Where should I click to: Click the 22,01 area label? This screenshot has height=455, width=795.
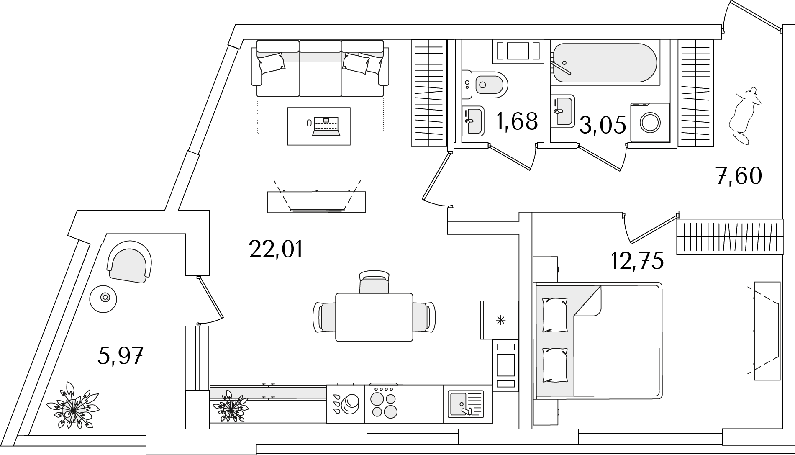coord(275,249)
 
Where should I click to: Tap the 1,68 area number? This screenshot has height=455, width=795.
coord(517,121)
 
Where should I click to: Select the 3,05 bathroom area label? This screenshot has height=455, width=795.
coord(603,125)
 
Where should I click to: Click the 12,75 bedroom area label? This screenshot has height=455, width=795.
coord(637,261)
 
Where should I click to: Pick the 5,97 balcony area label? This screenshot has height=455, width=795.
coord(121,356)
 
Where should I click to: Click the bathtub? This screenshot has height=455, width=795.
coord(605,62)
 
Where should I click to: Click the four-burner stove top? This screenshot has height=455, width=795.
coord(384,404)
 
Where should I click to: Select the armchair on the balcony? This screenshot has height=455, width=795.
coord(130,264)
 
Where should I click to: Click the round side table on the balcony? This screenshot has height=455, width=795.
coord(103,298)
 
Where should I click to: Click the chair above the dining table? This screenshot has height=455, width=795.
coord(374,282)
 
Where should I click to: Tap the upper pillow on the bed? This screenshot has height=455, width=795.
coord(554,315)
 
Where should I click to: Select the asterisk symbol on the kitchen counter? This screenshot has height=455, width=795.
coord(500,321)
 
